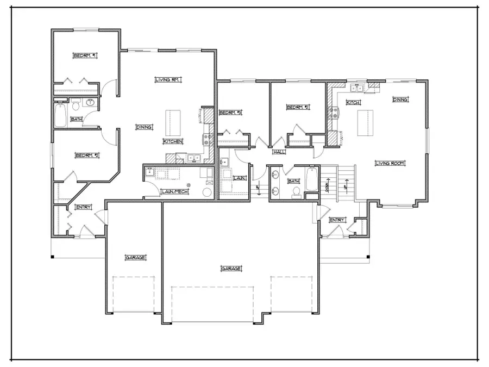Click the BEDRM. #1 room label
(85, 55)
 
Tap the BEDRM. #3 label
(230, 113)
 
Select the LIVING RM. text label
(167, 80)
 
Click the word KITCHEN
(173, 141)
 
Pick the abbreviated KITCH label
(354, 102)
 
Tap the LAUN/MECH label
(175, 191)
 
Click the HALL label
(279, 152)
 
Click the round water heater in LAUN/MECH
(207, 192)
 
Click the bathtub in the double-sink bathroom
(311, 180)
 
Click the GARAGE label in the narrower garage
(135, 257)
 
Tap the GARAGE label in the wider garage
(231, 269)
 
